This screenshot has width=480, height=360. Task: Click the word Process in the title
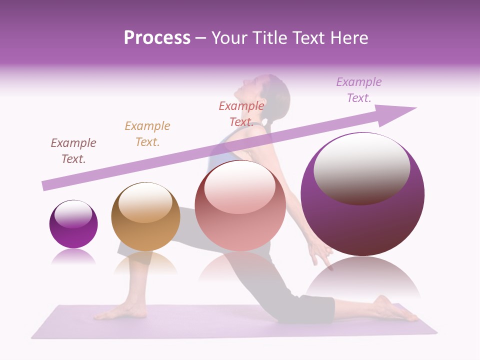pos(157,38)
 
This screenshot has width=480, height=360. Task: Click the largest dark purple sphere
pos(362,195)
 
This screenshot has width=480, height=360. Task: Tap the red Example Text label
pos(241,114)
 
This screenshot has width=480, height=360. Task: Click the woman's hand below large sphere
pos(320,255)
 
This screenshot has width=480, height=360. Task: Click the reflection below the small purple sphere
pos(73,257)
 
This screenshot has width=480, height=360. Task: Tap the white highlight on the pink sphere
pos(240,187)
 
